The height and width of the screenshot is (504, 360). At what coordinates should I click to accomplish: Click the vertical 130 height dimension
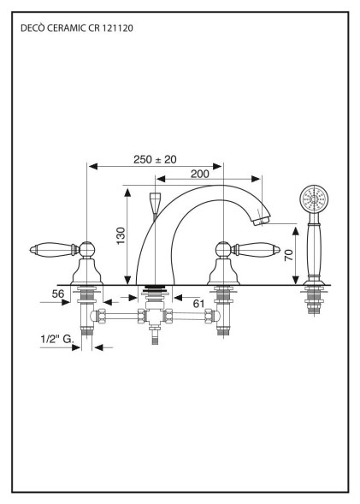[x=121, y=235]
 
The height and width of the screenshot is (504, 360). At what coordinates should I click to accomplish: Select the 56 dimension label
[x=57, y=293]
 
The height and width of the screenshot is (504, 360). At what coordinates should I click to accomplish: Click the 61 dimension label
[x=198, y=302]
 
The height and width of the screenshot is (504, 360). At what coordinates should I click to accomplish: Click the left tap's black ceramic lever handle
[x=51, y=251]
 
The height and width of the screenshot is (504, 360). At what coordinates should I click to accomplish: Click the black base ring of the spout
[x=155, y=288]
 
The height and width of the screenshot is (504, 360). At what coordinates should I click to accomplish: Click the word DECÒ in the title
[x=32, y=28]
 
